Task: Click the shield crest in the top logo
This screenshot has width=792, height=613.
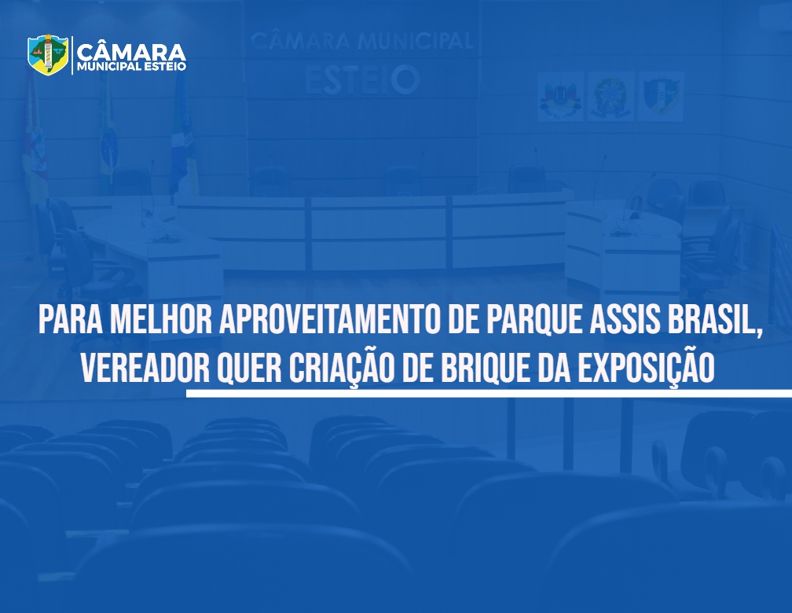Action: pyautogui.click(x=48, y=54)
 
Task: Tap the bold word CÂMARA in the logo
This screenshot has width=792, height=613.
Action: pyautogui.click(x=131, y=52)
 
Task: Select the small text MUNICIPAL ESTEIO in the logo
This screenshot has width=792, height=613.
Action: pyautogui.click(x=131, y=67)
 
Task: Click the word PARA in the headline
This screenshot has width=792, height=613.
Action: pyautogui.click(x=71, y=319)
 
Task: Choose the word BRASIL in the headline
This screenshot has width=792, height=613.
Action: pyautogui.click(x=713, y=319)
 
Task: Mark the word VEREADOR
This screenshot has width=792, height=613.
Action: pyautogui.click(x=145, y=367)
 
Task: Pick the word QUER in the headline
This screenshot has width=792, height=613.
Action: pyautogui.click(x=248, y=369)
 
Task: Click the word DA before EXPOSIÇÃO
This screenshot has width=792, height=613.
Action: pyautogui.click(x=553, y=367)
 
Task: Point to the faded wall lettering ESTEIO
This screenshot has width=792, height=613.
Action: pyautogui.click(x=362, y=80)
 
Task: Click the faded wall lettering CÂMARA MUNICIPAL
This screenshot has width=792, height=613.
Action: pyautogui.click(x=361, y=40)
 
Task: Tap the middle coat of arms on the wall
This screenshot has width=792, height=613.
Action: pyautogui.click(x=610, y=96)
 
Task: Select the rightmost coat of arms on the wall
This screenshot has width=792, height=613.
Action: pyautogui.click(x=662, y=96)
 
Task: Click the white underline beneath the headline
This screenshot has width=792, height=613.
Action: pyautogui.click(x=489, y=393)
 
